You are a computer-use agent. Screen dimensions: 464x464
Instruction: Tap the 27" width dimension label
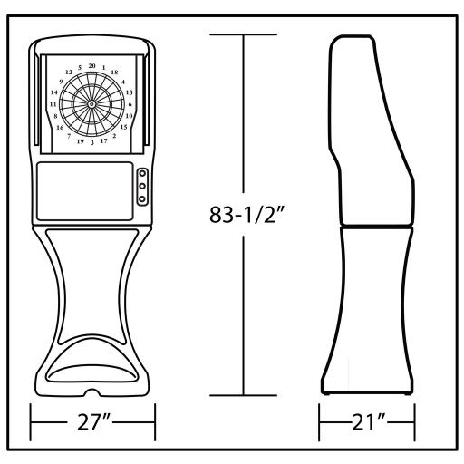coord(93,422)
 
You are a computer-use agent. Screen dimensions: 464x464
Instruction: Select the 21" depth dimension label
coord(369,422)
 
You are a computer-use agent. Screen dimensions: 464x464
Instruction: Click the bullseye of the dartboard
coord(92,104)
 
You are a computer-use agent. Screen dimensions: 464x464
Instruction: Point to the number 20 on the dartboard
coord(92,66)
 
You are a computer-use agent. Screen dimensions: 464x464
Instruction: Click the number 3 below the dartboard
coord(92,142)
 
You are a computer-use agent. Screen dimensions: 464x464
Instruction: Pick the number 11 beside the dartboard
coord(53,104)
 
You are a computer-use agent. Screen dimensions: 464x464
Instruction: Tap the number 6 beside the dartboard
coord(130,104)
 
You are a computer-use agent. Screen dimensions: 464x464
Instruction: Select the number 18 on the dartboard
coord(114,72)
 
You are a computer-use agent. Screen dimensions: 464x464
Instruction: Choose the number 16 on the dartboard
coord(60,128)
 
